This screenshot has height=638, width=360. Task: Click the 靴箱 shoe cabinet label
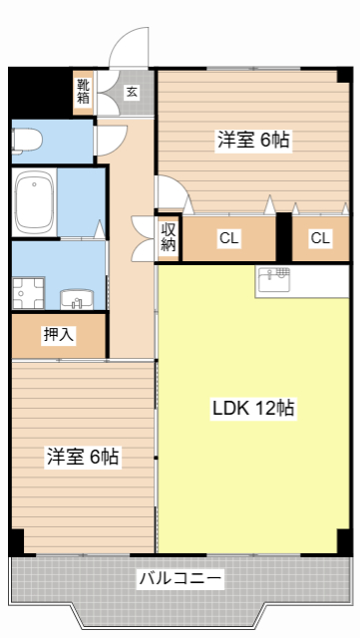84,92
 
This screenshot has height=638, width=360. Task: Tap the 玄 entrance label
132,92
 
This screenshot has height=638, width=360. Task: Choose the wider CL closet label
229,238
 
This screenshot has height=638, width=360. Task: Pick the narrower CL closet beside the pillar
320,238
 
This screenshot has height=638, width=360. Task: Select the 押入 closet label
58,335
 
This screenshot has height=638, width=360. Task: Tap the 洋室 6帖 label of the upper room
253,141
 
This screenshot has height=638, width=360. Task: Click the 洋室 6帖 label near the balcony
82,457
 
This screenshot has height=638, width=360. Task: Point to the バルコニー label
180,578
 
